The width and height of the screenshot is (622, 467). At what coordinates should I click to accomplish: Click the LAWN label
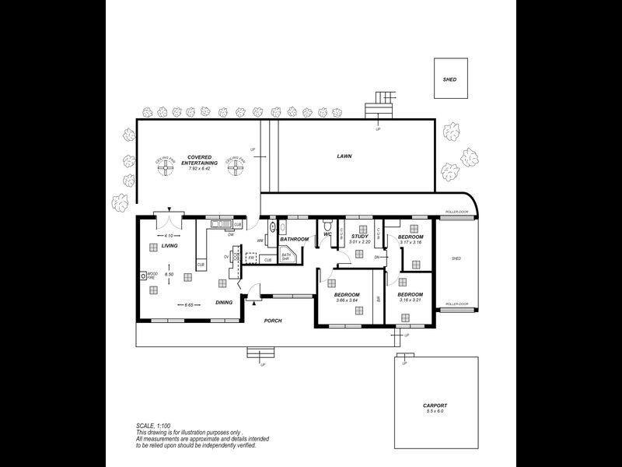(x=344, y=156)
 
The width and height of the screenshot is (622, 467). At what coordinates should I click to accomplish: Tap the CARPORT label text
(x=436, y=406)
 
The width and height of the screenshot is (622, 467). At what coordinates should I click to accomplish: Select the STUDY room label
(x=359, y=236)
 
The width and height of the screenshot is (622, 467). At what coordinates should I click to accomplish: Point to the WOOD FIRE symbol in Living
(x=144, y=276)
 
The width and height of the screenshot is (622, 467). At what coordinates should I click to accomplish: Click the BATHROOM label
(x=295, y=239)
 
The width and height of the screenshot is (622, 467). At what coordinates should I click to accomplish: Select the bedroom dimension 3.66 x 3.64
(x=346, y=300)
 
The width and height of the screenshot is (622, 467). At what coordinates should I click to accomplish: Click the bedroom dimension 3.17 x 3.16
(x=411, y=242)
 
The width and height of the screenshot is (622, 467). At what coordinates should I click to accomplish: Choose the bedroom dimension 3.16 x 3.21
(x=409, y=300)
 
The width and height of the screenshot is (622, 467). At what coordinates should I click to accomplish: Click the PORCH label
(x=272, y=321)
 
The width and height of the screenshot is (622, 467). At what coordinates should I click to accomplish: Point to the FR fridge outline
(x=251, y=256)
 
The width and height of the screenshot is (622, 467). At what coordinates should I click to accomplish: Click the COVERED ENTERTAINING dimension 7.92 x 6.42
(x=200, y=168)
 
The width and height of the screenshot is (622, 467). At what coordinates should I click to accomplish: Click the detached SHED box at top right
(x=450, y=79)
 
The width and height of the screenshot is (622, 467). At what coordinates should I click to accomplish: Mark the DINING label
(x=225, y=303)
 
